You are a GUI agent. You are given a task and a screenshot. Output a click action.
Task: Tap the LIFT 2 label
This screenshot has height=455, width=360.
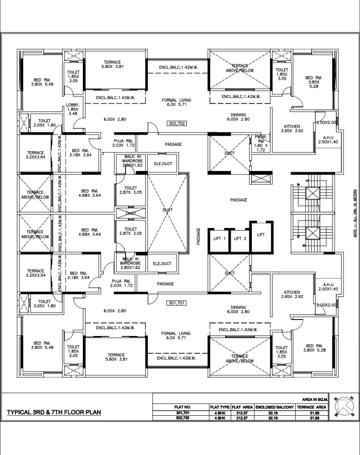pos(240,239)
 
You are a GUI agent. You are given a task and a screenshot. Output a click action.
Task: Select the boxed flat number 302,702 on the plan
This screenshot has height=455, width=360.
pos(177,124)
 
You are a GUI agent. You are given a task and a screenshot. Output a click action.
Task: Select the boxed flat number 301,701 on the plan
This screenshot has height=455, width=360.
pos(177,303)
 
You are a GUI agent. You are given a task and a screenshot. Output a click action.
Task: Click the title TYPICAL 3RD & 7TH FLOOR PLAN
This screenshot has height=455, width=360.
pos(54,412)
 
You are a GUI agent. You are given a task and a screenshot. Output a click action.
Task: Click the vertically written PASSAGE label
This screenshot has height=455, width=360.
pos(198,236)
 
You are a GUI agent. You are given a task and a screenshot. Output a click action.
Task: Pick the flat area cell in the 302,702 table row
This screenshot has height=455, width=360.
pos(242,418)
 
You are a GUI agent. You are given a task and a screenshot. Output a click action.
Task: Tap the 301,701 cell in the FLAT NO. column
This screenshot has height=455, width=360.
pos(180,413)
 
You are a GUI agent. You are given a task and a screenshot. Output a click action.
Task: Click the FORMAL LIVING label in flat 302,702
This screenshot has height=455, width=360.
pos(177,102)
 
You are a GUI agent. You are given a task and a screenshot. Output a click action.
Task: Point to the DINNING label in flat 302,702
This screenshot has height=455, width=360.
pos(239,117)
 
